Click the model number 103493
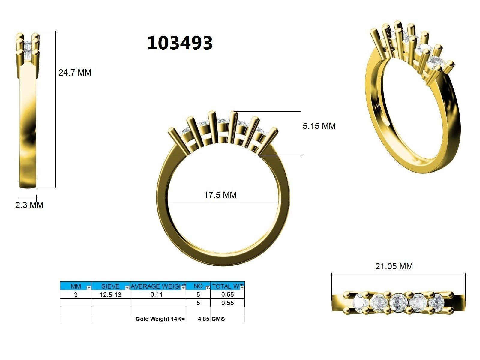(180, 43)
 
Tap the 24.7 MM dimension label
(75, 73)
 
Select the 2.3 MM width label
(29, 205)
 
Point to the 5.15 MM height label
(319, 126)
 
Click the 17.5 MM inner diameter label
(220, 195)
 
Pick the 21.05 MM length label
(394, 266)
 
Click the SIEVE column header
(110, 286)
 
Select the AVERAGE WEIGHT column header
(156, 286)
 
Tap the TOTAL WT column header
(226, 286)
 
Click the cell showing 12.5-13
(110, 295)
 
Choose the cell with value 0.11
(157, 295)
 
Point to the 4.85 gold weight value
(203, 319)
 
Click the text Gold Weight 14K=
(160, 319)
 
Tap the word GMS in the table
(218, 319)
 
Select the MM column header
(75, 286)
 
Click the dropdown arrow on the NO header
(208, 288)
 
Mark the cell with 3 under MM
(76, 295)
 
